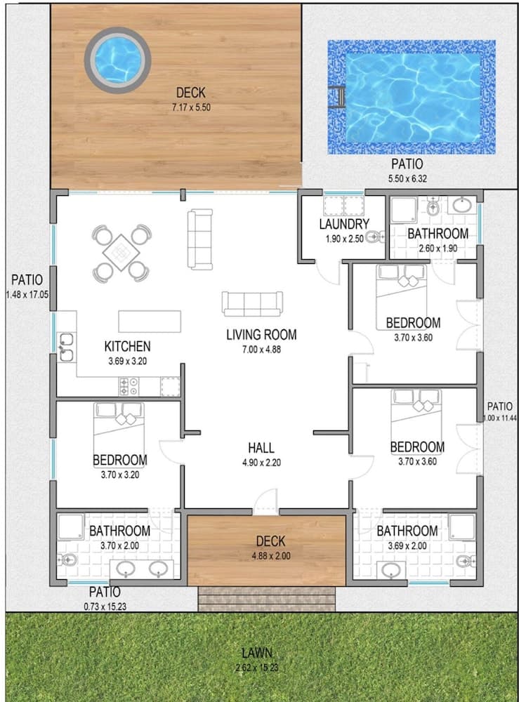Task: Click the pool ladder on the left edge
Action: pos(336,97)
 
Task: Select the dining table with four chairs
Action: pos(122,251)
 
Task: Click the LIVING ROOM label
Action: pos(261,335)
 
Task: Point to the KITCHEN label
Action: pos(127,346)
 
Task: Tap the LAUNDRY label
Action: pos(343,225)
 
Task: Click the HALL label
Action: pos(261,448)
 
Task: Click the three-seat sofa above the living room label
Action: pos(252,303)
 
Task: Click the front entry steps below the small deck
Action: pos(266,599)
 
